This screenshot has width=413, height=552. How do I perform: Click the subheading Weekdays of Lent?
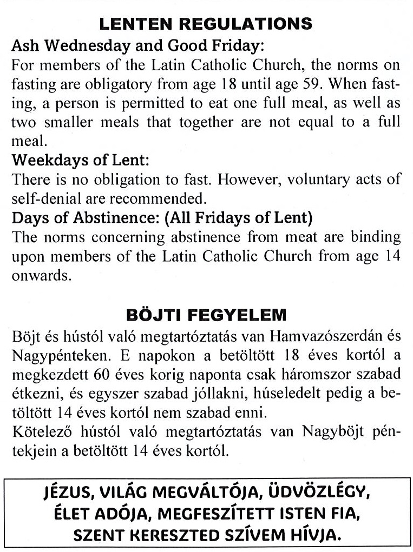80,160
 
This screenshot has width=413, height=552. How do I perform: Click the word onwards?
34,273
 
